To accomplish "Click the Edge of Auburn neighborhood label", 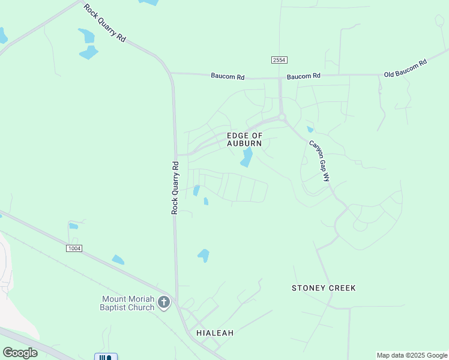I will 244,140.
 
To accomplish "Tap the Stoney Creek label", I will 324,288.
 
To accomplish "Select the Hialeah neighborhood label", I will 214,332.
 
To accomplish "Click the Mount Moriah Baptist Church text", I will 128,303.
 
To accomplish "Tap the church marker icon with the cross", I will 164,304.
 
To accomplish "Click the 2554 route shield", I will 279,61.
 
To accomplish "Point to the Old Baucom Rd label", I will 405,68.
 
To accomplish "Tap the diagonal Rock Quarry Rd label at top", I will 104,23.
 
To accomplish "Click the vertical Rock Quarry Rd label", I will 175,187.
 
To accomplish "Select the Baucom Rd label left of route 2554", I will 228,76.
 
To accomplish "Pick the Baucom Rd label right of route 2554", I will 303,76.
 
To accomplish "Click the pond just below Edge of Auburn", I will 246,158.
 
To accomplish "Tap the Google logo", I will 20,353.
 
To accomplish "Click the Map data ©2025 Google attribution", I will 412,355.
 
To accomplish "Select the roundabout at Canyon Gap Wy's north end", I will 281,118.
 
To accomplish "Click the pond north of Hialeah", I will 204,256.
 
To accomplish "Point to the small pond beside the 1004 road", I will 118,260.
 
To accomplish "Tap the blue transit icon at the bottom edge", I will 106,356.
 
